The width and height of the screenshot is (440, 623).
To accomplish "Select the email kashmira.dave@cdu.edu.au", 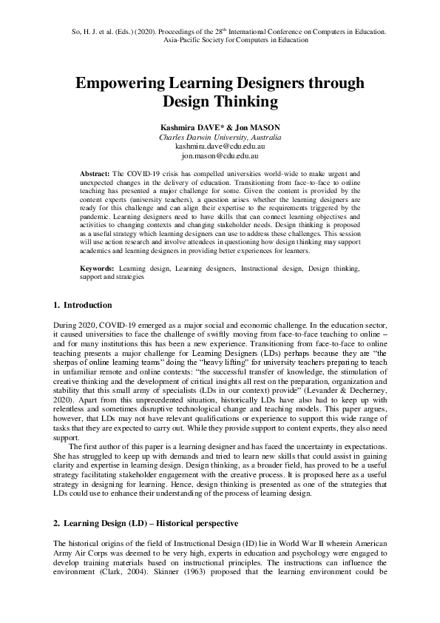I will click(x=220, y=147).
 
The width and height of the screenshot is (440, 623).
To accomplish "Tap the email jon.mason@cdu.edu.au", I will click(x=220, y=157).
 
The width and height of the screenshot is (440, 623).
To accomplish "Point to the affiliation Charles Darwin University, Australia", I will click(x=220, y=138).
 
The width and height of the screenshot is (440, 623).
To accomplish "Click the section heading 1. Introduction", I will click(x=84, y=305).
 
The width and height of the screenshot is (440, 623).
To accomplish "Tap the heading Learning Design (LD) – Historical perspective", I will click(x=151, y=524).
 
